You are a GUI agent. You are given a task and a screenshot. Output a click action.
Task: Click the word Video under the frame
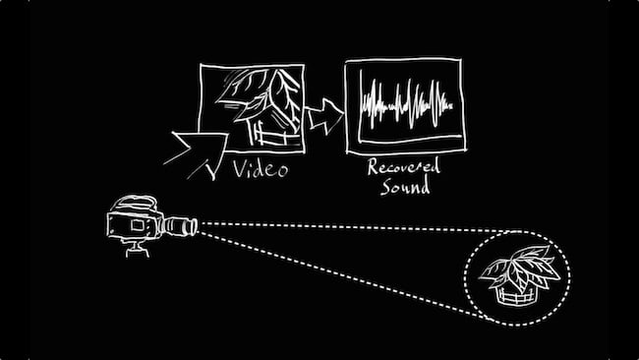[261, 169]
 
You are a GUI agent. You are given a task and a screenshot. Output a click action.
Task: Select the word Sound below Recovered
[404, 187]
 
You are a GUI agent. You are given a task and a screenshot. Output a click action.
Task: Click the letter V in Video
[240, 169]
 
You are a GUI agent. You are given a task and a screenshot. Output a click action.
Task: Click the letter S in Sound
[384, 187]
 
